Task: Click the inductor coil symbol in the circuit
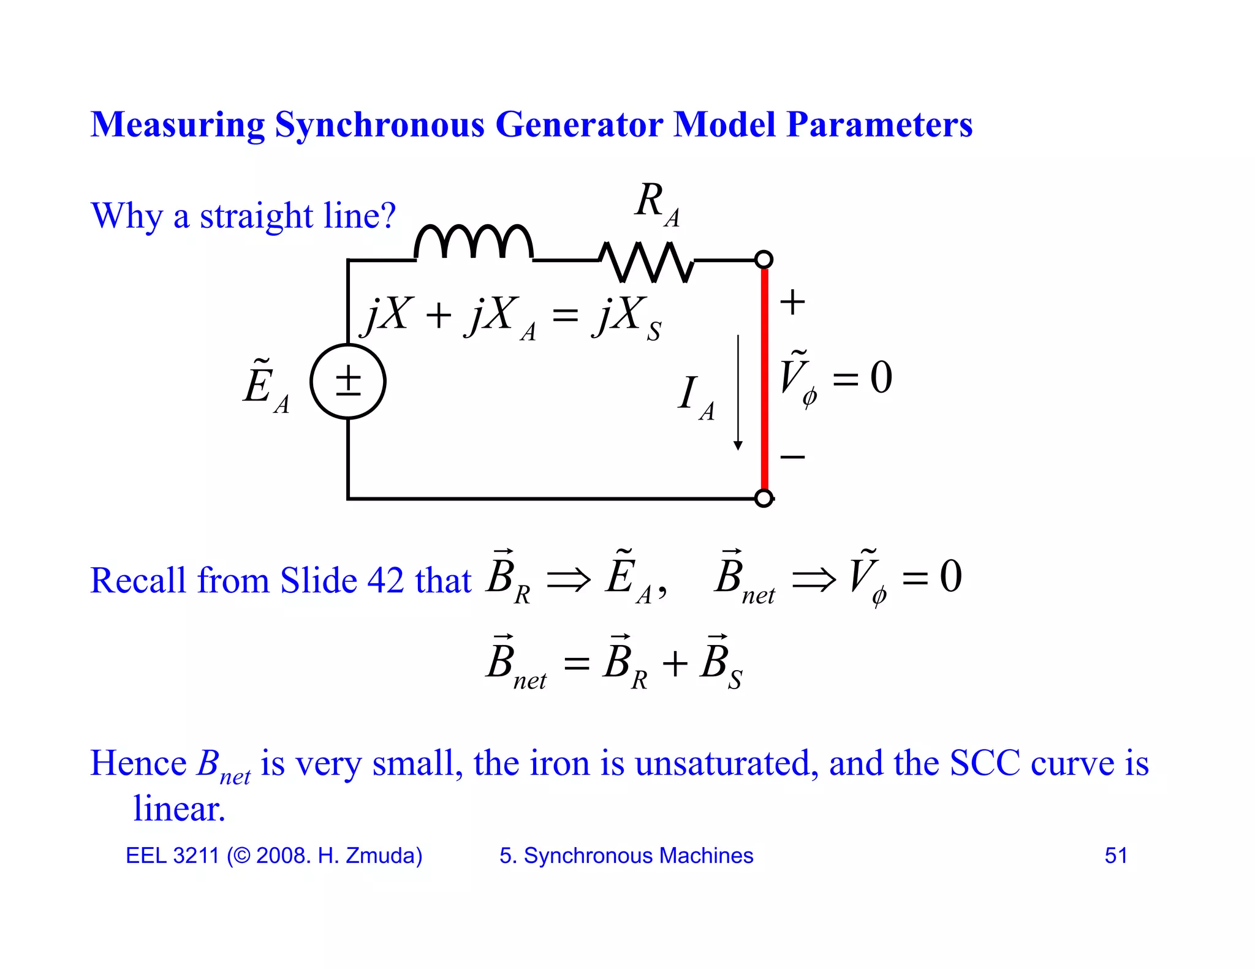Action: (x=474, y=243)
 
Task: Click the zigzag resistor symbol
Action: (x=646, y=262)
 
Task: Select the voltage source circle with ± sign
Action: (x=348, y=381)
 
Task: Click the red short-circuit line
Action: (x=765, y=380)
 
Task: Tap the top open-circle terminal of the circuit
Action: (x=764, y=260)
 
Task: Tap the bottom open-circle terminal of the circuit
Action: (x=764, y=499)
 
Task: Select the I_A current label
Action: (x=696, y=397)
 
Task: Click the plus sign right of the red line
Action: (x=792, y=302)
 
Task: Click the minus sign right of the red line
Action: (x=792, y=457)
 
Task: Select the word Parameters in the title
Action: (x=879, y=124)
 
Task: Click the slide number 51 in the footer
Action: (x=1116, y=855)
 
